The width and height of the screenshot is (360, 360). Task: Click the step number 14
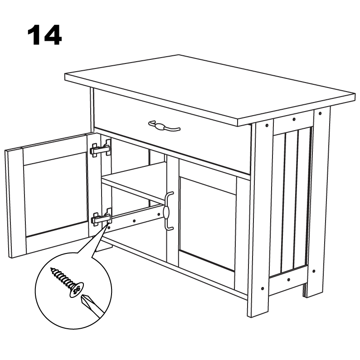[44, 34]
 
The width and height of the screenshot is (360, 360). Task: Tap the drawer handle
[164, 126]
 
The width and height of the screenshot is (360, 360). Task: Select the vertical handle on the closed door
[168, 210]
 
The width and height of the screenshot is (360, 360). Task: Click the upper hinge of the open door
[101, 148]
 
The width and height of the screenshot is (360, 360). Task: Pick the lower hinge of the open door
[102, 217]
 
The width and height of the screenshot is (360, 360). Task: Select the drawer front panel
[172, 131]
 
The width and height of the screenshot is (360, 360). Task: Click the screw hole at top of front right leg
[267, 126]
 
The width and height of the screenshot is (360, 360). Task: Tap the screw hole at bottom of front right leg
[263, 289]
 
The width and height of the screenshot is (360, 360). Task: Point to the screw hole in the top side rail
[294, 119]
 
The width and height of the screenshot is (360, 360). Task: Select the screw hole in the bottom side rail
[289, 280]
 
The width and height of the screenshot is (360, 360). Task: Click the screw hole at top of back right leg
[320, 113]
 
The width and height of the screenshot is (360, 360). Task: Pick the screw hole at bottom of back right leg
[314, 271]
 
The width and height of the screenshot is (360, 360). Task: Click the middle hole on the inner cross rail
[134, 221]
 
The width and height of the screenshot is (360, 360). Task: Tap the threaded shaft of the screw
[62, 277]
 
